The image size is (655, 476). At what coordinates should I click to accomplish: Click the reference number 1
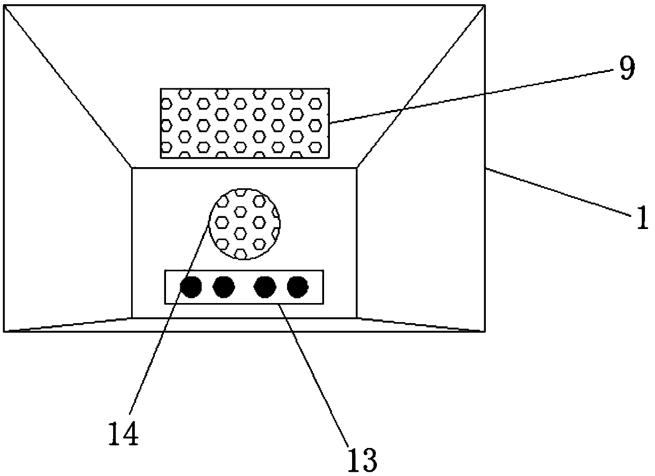642,218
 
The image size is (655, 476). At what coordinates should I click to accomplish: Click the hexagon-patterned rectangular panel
245,123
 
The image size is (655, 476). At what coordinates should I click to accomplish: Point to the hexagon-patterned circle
244,223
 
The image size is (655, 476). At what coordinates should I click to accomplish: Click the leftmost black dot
191,287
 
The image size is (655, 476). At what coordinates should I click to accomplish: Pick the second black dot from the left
224,287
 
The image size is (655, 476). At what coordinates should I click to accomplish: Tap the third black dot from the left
265,287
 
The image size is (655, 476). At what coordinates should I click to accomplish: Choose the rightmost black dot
298,287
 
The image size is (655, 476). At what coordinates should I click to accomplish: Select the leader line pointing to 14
169,317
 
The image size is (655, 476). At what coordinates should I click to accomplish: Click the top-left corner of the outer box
4,5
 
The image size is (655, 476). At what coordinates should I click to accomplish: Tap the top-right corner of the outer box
484,5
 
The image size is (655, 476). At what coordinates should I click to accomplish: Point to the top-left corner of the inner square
132,168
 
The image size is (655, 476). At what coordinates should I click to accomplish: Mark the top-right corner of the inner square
357,168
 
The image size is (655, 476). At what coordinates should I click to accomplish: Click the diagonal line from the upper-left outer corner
68,86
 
